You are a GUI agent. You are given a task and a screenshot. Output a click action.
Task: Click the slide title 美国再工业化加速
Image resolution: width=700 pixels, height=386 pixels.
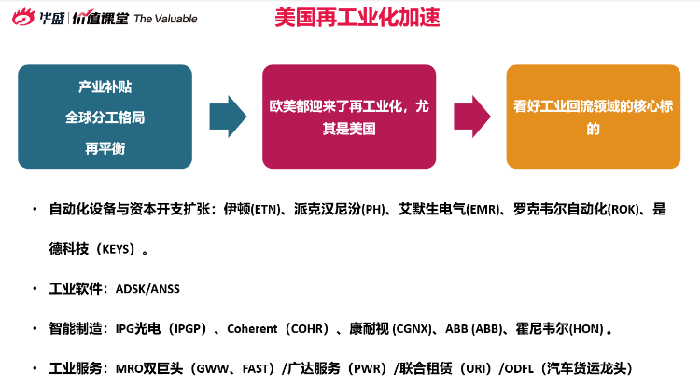(357, 17)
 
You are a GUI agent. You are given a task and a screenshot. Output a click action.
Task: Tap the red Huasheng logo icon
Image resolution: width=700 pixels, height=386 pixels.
(23, 18)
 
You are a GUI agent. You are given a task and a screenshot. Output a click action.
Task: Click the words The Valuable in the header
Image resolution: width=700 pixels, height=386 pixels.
(165, 19)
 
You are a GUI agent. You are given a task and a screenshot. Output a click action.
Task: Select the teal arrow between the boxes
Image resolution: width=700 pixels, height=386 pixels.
(228, 117)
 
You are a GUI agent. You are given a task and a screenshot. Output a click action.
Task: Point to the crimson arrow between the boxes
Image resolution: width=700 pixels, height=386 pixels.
(472, 117)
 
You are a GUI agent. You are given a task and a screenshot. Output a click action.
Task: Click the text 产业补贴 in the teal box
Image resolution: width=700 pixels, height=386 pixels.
(105, 87)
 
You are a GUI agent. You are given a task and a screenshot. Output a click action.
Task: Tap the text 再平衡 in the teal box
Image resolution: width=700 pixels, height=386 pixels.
(105, 148)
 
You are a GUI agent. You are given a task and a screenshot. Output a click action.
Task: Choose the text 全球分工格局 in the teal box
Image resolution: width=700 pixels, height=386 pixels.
(105, 117)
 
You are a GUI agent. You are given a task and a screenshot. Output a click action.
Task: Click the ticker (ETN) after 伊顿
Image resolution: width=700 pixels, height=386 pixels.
(266, 210)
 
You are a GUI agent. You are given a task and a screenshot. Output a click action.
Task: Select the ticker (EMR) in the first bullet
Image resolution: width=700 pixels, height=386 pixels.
(483, 210)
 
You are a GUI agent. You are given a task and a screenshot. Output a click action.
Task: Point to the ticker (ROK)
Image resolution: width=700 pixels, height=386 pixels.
(624, 210)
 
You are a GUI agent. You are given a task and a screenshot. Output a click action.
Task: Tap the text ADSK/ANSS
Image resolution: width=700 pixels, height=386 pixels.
(147, 289)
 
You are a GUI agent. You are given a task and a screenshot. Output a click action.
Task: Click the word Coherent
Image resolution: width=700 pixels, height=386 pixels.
(252, 329)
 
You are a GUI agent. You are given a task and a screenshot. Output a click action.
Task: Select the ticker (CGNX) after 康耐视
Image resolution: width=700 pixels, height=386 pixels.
(412, 329)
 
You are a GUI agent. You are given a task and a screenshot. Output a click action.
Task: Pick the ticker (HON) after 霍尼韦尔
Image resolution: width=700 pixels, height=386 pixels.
(587, 329)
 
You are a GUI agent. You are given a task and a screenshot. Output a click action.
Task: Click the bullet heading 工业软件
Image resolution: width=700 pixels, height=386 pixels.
(76, 289)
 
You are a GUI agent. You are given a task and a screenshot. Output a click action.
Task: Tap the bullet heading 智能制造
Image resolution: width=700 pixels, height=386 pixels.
(76, 329)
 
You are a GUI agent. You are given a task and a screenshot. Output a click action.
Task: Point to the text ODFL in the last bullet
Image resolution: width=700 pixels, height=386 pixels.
(519, 368)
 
